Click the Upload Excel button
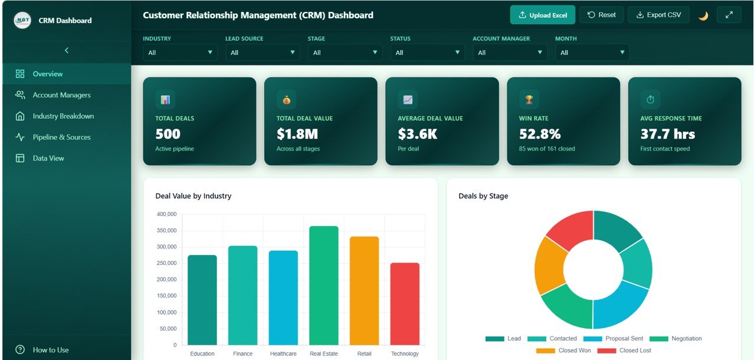[542, 15]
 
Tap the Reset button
[601, 15]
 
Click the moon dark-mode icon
[703, 16]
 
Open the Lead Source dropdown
[262, 53]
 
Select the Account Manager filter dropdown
[510, 53]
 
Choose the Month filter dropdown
[592, 53]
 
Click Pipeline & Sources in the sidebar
[61, 137]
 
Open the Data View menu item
[48, 158]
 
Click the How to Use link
[50, 350]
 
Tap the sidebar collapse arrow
[66, 51]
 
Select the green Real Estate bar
[324, 286]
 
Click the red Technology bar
[405, 304]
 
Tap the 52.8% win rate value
[540, 134]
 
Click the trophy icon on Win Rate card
[528, 100]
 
